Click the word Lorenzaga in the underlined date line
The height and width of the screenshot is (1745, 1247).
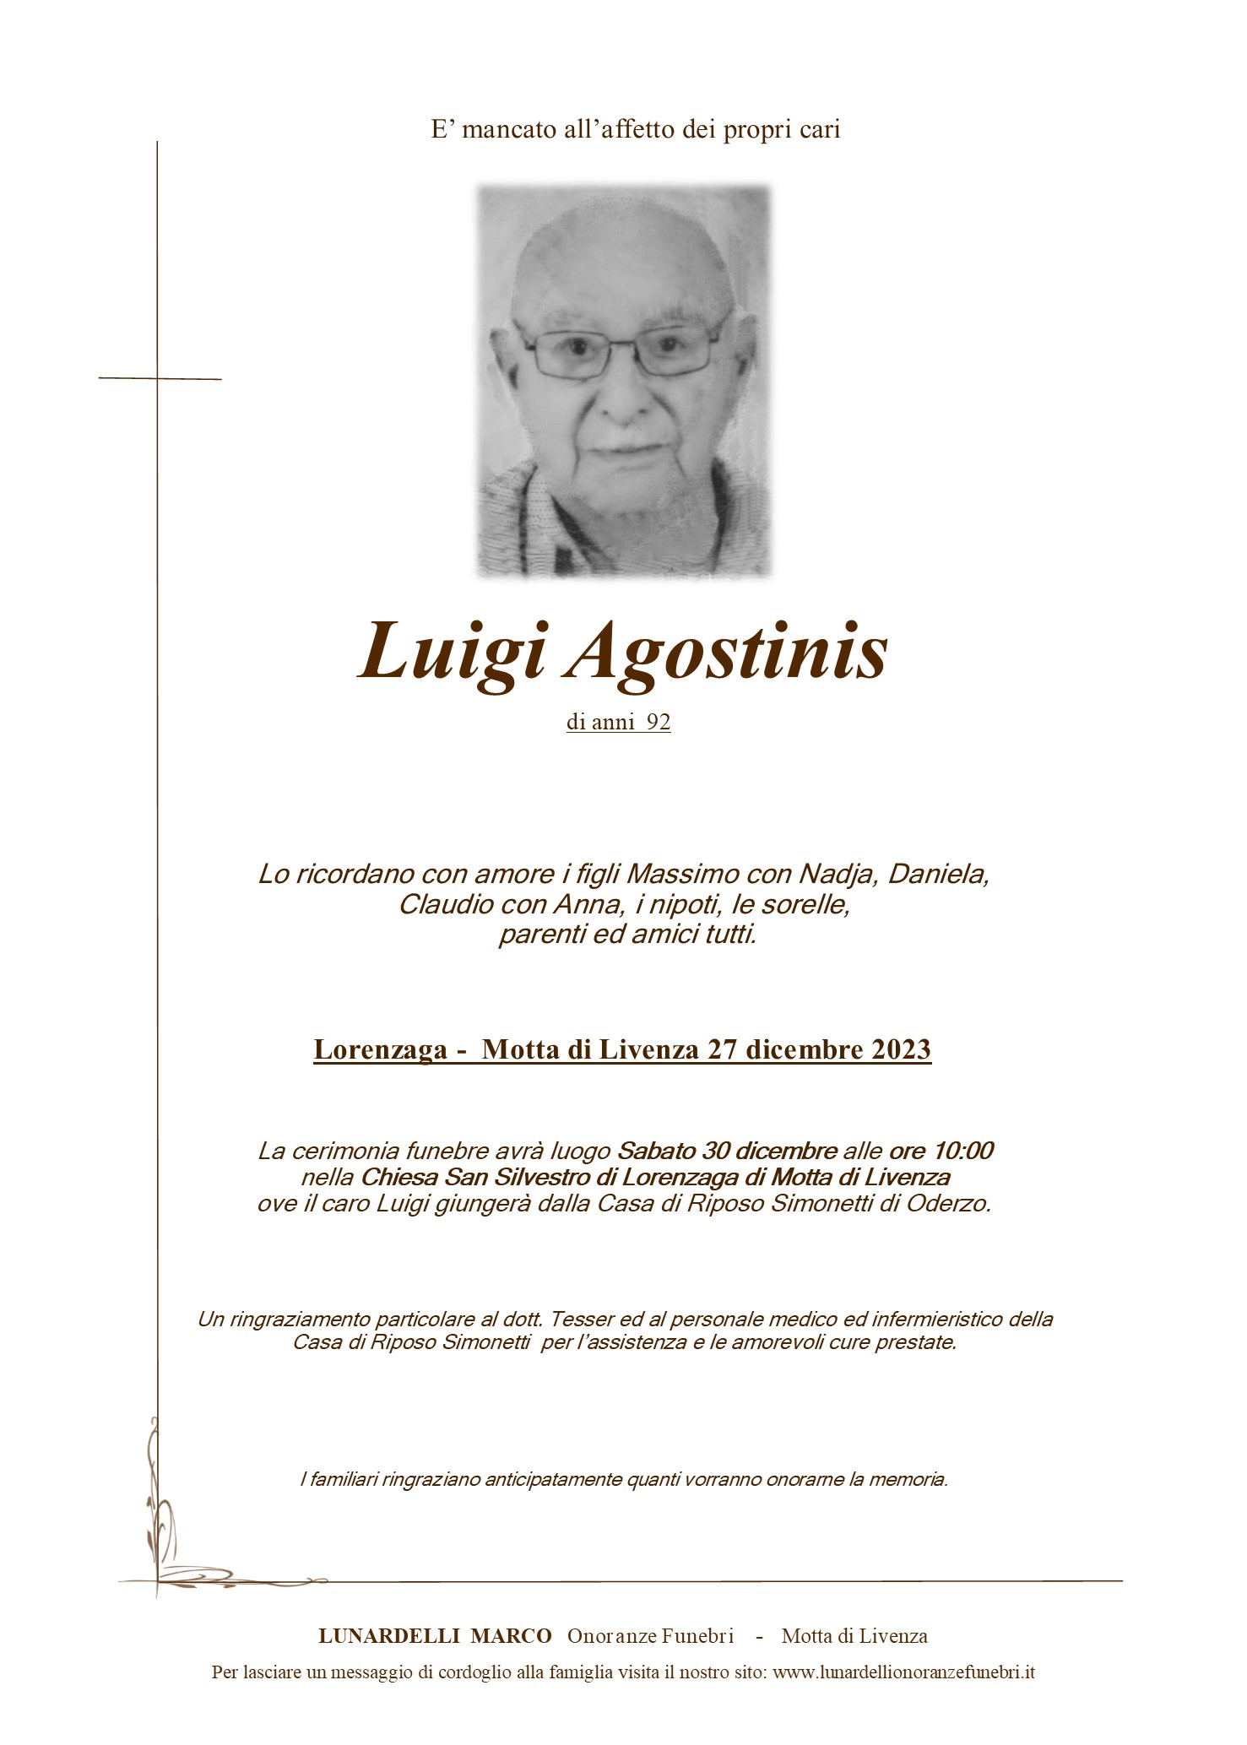tap(380, 1049)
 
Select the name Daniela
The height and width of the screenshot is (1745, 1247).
tap(938, 874)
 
